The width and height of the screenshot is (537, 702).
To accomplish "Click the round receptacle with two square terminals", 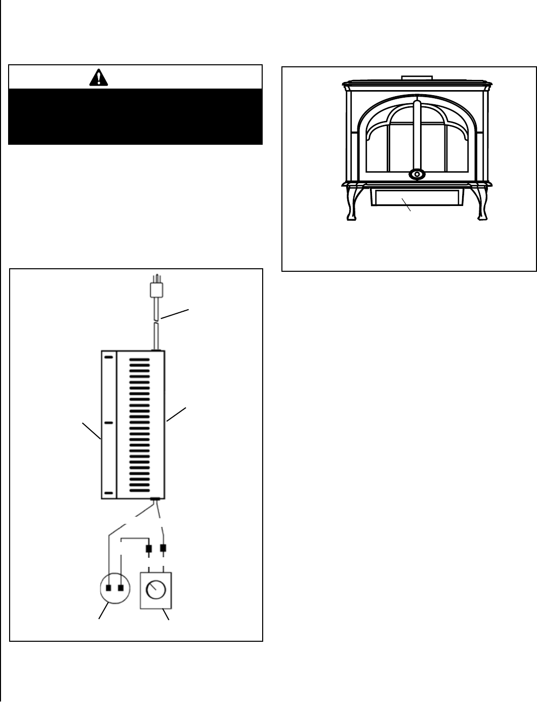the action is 114,588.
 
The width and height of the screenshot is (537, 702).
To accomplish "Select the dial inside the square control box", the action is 155,590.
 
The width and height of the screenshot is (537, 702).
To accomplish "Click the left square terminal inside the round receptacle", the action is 109,588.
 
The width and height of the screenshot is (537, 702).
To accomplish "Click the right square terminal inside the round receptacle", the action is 120,588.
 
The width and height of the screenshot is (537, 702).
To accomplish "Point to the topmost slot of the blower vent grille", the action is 140,360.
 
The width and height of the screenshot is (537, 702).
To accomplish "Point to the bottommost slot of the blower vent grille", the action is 140,490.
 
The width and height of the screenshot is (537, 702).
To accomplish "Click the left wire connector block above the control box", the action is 149,549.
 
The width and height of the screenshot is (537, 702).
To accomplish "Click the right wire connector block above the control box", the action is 163,548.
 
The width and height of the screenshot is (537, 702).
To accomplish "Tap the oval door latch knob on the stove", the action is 417,175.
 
